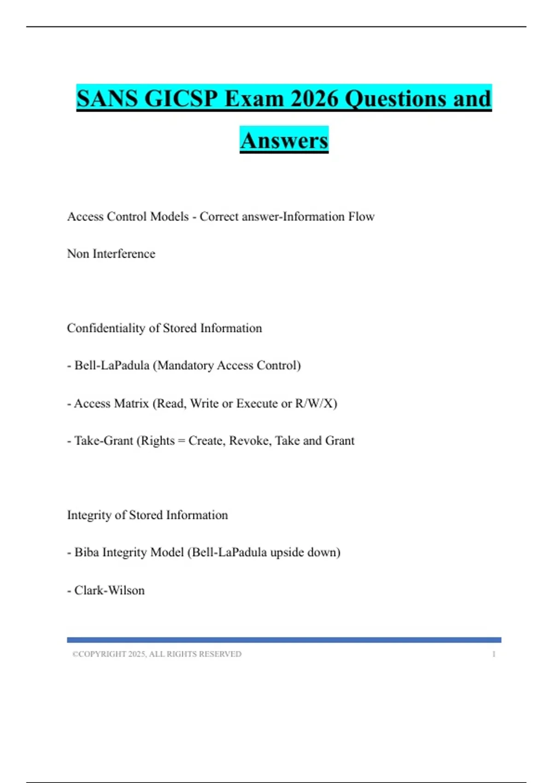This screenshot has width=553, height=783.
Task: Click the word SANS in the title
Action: coord(106,99)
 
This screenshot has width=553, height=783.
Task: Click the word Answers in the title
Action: coord(284,140)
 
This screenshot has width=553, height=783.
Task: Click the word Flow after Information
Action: coord(361,216)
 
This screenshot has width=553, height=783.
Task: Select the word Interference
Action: coord(124,254)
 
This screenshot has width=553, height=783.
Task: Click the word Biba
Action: coord(87,552)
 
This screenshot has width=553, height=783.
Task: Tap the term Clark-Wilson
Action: coord(110,590)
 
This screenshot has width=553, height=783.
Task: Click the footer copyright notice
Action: coord(157,654)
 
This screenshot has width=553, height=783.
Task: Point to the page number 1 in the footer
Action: coord(494,654)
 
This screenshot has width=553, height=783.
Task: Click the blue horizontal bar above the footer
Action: coord(284,640)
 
